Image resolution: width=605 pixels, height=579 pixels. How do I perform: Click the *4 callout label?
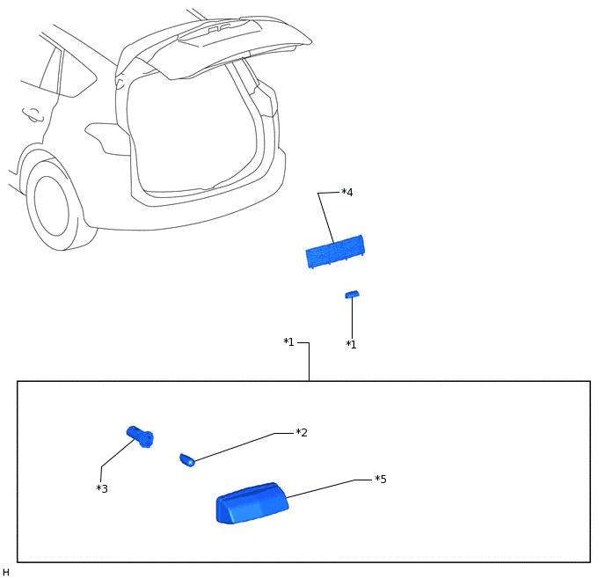347,192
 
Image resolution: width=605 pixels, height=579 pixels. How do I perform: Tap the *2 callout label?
302,433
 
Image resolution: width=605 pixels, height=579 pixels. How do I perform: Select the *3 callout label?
102,488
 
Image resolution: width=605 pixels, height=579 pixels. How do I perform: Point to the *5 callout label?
381,479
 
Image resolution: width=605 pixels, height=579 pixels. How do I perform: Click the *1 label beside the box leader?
288,342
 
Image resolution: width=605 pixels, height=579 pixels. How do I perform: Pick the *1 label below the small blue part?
351,344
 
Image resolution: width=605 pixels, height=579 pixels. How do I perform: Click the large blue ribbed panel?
334,252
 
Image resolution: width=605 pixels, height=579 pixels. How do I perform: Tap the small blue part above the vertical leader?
352,295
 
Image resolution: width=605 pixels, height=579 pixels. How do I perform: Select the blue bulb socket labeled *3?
140,436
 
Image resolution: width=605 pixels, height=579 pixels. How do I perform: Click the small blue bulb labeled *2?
186,460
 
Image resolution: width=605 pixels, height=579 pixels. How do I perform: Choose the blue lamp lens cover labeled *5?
252,503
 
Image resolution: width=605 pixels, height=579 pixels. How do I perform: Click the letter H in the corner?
6,572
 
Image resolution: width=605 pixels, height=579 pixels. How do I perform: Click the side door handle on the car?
33,114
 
